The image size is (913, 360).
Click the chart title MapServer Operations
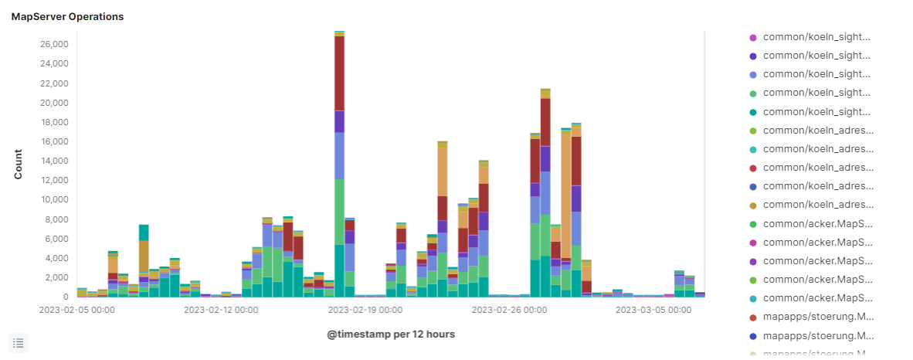coord(67,16)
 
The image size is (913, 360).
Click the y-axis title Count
coord(19,164)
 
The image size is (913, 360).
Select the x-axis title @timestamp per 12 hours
coord(390,334)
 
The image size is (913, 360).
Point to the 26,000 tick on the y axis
coord(54,45)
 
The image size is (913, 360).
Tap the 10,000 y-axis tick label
coord(54,199)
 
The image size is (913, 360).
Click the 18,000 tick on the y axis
coord(54,122)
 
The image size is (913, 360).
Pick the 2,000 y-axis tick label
coord(56,277)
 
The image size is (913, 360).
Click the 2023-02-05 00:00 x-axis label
coord(77,310)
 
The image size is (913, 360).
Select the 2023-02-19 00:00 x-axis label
coord(365,310)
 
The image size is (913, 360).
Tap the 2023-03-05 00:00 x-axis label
coord(653,310)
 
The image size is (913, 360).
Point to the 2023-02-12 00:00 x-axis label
coord(221,310)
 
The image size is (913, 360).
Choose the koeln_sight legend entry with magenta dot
coord(816,37)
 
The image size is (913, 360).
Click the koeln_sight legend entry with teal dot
coord(816,112)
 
